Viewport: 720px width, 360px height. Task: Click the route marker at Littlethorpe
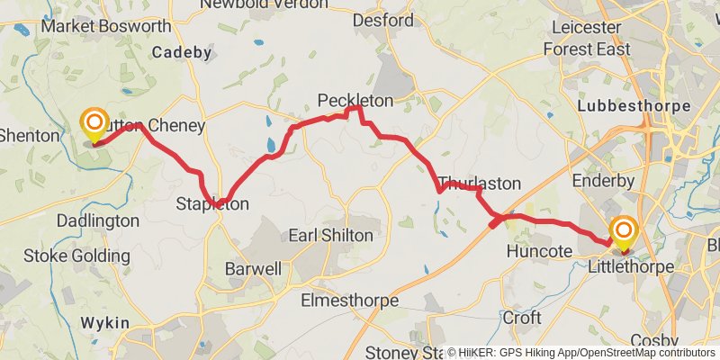point(623,231)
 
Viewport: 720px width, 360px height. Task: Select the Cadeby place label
point(181,52)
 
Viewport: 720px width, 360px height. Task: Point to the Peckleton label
point(355,99)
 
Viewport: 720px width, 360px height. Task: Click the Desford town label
point(383,20)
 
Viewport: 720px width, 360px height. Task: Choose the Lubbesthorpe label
point(634,106)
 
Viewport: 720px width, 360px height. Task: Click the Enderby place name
point(603,180)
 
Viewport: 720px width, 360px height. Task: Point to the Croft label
point(522,318)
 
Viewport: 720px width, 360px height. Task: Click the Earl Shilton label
point(330,235)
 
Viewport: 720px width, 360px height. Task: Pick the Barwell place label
point(253,268)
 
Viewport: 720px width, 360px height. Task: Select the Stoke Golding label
point(76,256)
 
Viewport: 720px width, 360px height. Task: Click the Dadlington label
point(97,220)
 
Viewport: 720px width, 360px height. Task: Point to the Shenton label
point(29,135)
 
